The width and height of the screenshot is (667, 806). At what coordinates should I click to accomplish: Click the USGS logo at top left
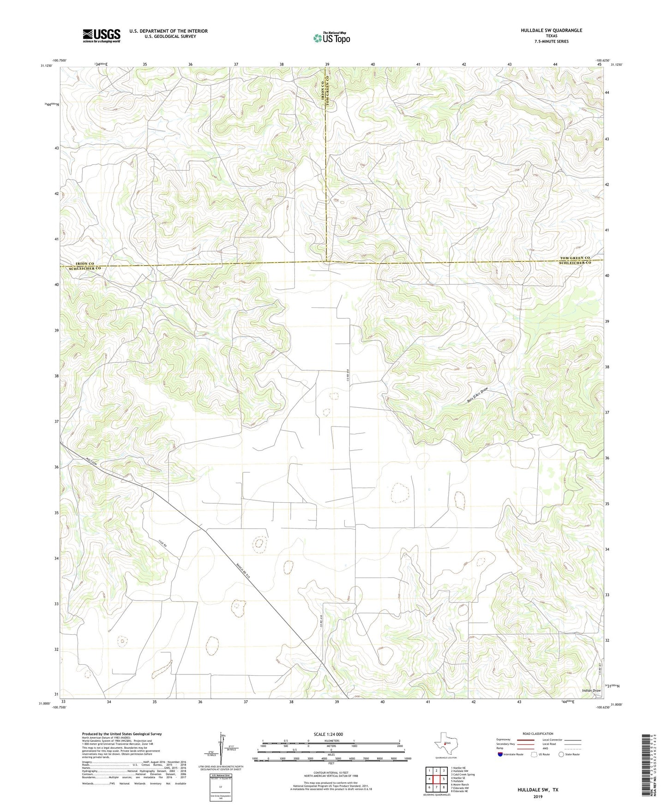coord(101,36)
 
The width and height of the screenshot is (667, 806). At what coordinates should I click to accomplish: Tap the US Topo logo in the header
coord(331,38)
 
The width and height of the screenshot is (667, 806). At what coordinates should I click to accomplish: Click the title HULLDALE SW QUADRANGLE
coord(551,30)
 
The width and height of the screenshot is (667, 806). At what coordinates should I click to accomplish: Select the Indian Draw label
coord(591,691)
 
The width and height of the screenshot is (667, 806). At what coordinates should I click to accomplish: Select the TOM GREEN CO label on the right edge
coord(575,258)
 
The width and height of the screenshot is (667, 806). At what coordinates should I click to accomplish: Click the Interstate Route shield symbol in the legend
coord(501,754)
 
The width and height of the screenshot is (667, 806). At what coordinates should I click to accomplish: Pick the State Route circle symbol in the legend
coord(561,754)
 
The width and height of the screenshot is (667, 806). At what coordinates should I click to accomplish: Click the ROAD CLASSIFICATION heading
coord(538,734)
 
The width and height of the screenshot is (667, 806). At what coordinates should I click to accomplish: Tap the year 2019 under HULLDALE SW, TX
coord(537,796)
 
